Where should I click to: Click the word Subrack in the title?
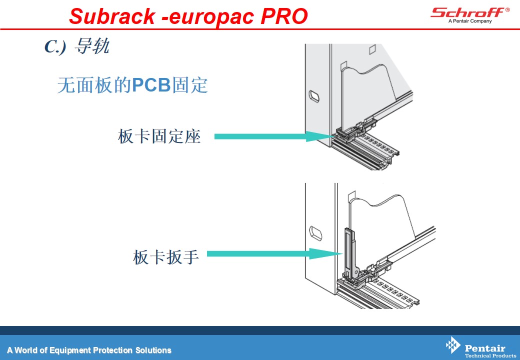[112, 16]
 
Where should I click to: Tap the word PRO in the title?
[284, 16]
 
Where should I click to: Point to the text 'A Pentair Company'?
[470, 21]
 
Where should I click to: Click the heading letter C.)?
[55, 46]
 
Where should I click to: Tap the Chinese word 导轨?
[92, 46]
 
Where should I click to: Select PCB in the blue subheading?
[151, 85]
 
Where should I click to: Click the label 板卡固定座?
[159, 136]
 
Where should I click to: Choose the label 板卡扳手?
[166, 257]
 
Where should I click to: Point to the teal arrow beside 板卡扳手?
[274, 254]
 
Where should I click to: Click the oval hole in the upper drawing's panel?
[314, 96]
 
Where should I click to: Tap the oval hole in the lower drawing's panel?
[315, 233]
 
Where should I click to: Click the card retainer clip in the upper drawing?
[348, 132]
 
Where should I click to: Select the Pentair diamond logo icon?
[453, 345]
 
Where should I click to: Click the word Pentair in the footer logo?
[485, 348]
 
